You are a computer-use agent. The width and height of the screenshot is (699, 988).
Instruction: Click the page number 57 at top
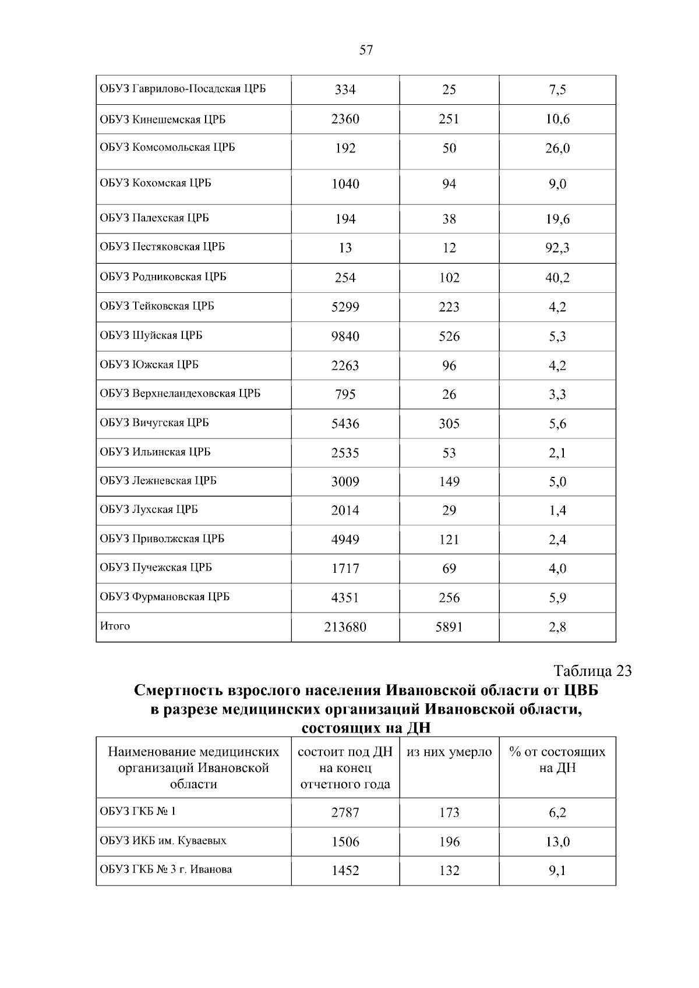(x=366, y=50)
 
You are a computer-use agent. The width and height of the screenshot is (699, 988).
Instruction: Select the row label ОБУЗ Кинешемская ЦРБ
(x=163, y=119)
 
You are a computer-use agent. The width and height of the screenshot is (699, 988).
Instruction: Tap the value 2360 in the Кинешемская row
(x=345, y=119)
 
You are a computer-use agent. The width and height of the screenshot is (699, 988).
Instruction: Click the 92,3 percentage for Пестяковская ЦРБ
(x=557, y=248)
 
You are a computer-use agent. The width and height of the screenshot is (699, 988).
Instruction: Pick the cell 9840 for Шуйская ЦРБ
(x=345, y=337)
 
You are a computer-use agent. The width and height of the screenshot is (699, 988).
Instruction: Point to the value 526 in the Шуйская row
(x=449, y=337)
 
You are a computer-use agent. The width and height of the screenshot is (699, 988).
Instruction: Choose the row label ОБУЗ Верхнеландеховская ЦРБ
(x=180, y=394)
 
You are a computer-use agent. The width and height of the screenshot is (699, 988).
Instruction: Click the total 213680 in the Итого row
(x=345, y=627)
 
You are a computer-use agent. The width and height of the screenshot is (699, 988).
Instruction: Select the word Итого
(x=115, y=626)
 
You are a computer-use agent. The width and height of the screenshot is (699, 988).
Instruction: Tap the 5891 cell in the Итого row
(x=449, y=627)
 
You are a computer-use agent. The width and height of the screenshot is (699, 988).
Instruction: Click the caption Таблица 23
(x=592, y=671)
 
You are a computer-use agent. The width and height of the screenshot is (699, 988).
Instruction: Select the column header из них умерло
(x=449, y=752)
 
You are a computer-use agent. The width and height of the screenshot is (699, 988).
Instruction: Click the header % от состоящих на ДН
(x=557, y=760)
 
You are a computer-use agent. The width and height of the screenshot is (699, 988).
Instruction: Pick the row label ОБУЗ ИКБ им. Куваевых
(x=163, y=841)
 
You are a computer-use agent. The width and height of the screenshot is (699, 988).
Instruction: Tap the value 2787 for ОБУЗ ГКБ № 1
(x=345, y=812)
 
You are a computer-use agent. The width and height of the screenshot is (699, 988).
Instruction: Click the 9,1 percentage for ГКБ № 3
(x=557, y=871)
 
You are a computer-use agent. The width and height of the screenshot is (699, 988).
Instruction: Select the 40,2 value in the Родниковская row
(x=557, y=278)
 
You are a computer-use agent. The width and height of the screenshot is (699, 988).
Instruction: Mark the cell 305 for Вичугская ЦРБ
(x=449, y=424)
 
